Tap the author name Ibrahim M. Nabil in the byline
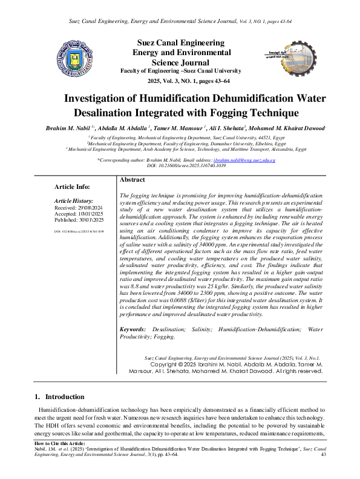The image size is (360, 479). coord(66,128)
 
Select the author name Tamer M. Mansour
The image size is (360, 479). coord(173,128)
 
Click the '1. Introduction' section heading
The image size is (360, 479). coord(59,397)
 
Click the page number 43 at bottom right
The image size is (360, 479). coord(323,454)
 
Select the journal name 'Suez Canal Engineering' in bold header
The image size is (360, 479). coord(179,44)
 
